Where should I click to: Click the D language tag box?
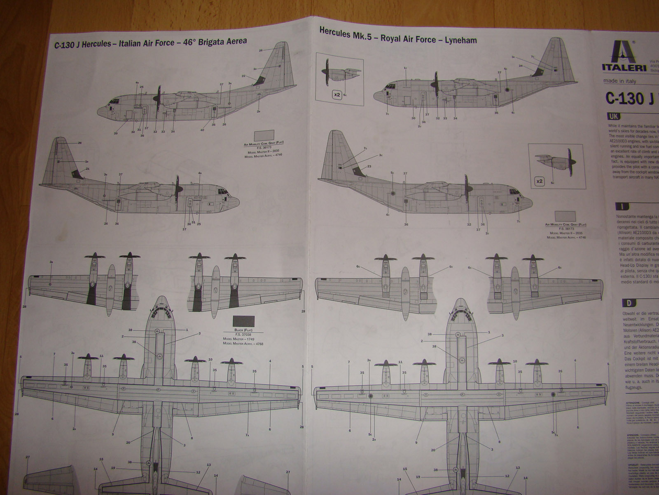pyautogui.click(x=629, y=303)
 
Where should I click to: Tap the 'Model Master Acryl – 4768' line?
pyautogui.click(x=243, y=344)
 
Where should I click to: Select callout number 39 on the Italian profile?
pyautogui.click(x=116, y=133)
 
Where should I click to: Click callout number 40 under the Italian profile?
pyautogui.click(x=202, y=130)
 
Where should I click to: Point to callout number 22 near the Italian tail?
pyautogui.click(x=243, y=76)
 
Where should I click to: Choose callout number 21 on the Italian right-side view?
pyautogui.click(x=87, y=169)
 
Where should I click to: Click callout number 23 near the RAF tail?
pyautogui.click(x=369, y=166)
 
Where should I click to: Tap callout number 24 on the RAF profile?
pyautogui.click(x=521, y=66)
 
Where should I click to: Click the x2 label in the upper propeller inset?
pyautogui.click(x=337, y=95)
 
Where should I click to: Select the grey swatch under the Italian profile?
pyautogui.click(x=264, y=135)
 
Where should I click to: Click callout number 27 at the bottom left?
pyautogui.click(x=28, y=457)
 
